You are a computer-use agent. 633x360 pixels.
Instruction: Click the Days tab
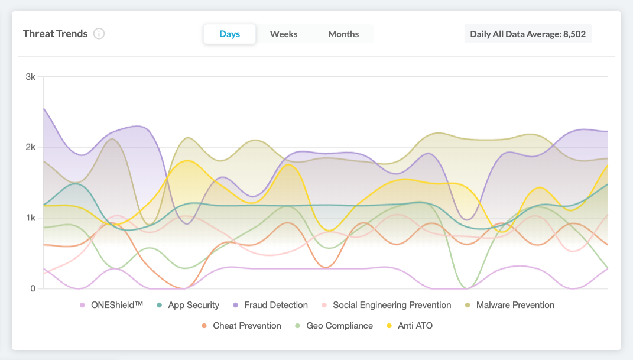coord(229,34)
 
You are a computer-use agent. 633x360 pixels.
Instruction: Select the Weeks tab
coord(284,34)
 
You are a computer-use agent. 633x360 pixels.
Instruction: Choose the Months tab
coord(343,34)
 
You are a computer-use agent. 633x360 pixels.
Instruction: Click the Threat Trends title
coord(55,34)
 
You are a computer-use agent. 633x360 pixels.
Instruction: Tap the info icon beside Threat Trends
coord(99,34)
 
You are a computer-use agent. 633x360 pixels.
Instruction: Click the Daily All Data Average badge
coord(527,34)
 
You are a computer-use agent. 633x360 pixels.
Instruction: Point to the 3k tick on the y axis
coord(30,77)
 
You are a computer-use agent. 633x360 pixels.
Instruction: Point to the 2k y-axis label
coord(30,147)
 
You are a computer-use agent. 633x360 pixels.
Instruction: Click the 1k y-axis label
coord(30,218)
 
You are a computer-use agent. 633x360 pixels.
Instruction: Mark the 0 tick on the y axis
coord(33,288)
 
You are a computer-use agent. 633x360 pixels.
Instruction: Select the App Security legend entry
coord(193,306)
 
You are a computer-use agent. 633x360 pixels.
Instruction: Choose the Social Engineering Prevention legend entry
coord(391,306)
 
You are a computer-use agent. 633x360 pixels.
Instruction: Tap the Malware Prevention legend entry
coord(515,306)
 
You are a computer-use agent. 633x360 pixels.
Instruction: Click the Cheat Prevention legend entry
coord(246,326)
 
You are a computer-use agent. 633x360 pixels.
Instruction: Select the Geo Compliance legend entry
coord(339,326)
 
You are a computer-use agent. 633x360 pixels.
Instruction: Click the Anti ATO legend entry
coord(415,326)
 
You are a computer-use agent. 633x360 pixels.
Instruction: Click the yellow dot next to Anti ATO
coord(389,326)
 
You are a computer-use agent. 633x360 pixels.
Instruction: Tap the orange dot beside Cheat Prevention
coord(204,326)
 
